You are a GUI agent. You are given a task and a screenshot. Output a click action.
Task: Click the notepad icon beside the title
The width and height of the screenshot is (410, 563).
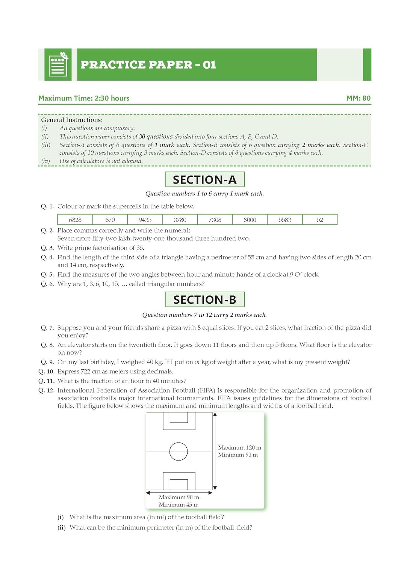click(58, 65)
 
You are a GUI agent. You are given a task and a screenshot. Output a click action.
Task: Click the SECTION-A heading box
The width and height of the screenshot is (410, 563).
click(205, 179)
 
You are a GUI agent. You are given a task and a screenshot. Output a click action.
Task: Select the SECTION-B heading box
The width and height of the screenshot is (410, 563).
click(205, 300)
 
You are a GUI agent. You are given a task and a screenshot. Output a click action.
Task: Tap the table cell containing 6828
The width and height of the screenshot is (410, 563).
click(75, 220)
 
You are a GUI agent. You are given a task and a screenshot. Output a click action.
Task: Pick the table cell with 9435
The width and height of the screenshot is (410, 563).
click(145, 220)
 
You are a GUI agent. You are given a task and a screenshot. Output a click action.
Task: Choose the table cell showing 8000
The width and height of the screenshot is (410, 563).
click(250, 220)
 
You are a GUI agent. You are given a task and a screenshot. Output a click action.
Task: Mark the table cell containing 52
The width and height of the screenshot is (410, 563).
click(320, 220)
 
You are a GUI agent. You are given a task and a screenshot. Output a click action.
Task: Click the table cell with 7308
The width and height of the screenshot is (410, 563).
click(215, 220)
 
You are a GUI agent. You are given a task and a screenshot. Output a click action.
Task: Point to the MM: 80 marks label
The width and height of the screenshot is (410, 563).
click(358, 98)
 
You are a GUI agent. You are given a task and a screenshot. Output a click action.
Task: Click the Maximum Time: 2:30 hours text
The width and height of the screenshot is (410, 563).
click(84, 98)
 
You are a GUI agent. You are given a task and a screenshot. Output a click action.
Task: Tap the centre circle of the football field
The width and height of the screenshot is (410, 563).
click(179, 451)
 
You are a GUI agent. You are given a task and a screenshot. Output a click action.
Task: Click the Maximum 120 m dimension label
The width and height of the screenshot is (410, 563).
click(239, 447)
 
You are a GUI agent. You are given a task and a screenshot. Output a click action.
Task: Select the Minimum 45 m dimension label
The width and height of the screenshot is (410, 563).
click(179, 505)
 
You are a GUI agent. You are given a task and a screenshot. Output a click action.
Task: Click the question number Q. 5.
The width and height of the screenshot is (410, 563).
click(47, 274)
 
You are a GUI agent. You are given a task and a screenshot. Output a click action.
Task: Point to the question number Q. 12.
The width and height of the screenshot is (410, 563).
click(46, 390)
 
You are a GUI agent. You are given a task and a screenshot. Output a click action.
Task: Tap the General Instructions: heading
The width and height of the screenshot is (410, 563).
click(72, 120)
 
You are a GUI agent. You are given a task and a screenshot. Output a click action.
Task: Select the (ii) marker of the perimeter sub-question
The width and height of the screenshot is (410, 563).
click(62, 527)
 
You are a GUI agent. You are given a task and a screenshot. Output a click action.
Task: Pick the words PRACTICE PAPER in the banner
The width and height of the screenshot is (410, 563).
click(136, 65)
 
